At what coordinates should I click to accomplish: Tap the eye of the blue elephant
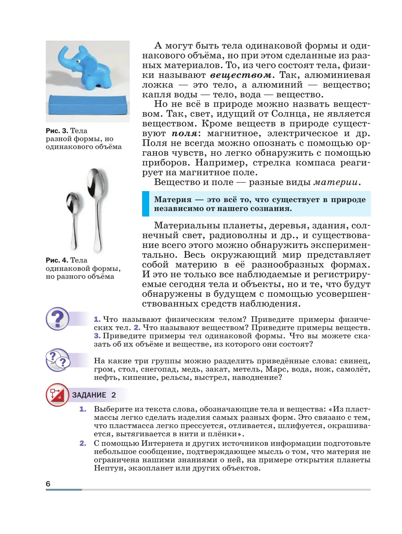pyautogui.click(x=78, y=62)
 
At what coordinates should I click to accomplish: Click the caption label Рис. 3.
pyautogui.click(x=57, y=131)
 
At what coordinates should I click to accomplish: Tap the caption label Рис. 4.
pyautogui.click(x=57, y=260)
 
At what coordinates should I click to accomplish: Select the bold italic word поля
pyautogui.click(x=185, y=133)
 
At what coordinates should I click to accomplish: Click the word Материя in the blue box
pyautogui.click(x=173, y=200)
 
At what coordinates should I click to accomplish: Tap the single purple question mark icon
pyautogui.click(x=57, y=319)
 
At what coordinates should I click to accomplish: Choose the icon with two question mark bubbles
pyautogui.click(x=57, y=360)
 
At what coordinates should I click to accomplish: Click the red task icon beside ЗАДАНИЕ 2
pyautogui.click(x=57, y=395)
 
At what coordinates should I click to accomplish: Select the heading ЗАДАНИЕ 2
pyautogui.click(x=94, y=395)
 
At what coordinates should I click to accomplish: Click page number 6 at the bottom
pyautogui.click(x=48, y=484)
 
